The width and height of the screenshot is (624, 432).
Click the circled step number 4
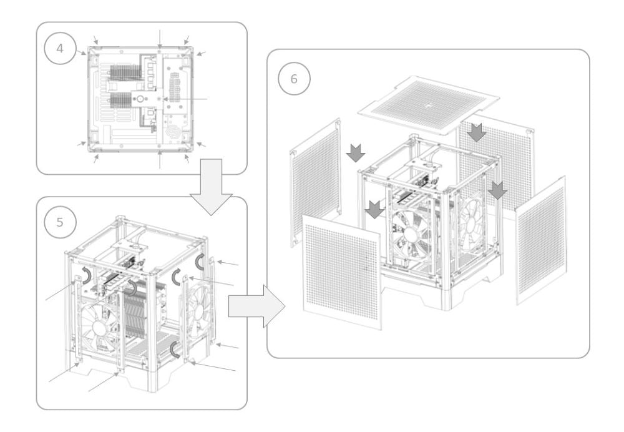click(60, 49)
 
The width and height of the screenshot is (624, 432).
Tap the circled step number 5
click(60, 222)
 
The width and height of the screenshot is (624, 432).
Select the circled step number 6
click(294, 79)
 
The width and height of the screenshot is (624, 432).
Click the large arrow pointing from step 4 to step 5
click(211, 187)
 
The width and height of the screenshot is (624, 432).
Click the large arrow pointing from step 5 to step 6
click(256, 307)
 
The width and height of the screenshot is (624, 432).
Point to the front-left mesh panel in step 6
click(342, 272)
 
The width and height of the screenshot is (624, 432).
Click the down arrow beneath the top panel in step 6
click(476, 132)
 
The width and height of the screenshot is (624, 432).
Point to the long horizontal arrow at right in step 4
click(185, 99)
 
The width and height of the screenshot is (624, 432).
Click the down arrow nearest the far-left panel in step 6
click(356, 153)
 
